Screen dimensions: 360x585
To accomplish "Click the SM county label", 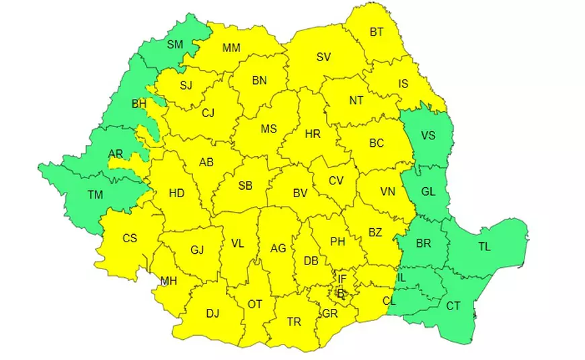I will pyautogui.click(x=175, y=45).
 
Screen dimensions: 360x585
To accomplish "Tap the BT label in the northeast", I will pyautogui.click(x=377, y=31).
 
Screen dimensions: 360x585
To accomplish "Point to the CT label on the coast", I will pyautogui.click(x=453, y=306).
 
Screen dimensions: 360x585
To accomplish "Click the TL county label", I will pyautogui.click(x=484, y=247).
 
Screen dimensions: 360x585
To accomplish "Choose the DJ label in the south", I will pyautogui.click(x=212, y=313).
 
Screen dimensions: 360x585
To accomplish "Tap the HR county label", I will pyautogui.click(x=313, y=134).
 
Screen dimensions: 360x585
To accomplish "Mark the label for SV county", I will pyautogui.click(x=323, y=57).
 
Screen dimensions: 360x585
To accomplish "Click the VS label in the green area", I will pyautogui.click(x=428, y=136).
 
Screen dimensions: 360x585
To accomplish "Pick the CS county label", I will pyautogui.click(x=130, y=238).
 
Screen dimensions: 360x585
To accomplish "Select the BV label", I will pyautogui.click(x=300, y=193).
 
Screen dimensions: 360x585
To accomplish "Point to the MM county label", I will pyautogui.click(x=231, y=48).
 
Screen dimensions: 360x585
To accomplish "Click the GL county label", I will pyautogui.click(x=428, y=192).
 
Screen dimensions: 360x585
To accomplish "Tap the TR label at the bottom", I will pyautogui.click(x=294, y=322).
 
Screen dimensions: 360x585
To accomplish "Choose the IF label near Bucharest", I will pyautogui.click(x=342, y=279).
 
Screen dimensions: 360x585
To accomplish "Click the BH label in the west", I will pyautogui.click(x=139, y=104).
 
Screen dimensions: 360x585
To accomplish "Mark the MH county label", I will pyautogui.click(x=169, y=281).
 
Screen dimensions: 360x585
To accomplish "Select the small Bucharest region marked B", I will pyautogui.click(x=341, y=293).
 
